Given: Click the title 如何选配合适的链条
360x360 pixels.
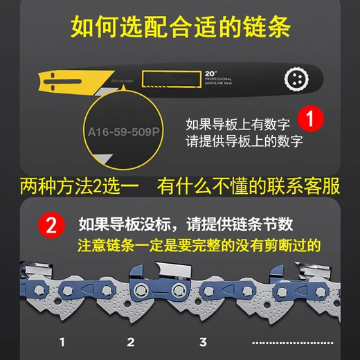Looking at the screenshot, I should [x=180, y=28].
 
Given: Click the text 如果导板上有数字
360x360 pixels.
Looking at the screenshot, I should [x=236, y=125].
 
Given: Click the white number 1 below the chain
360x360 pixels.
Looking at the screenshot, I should [x=62, y=341].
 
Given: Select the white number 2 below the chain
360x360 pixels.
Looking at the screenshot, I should [x=130, y=341].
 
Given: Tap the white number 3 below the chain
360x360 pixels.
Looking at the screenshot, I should [x=203, y=341].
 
